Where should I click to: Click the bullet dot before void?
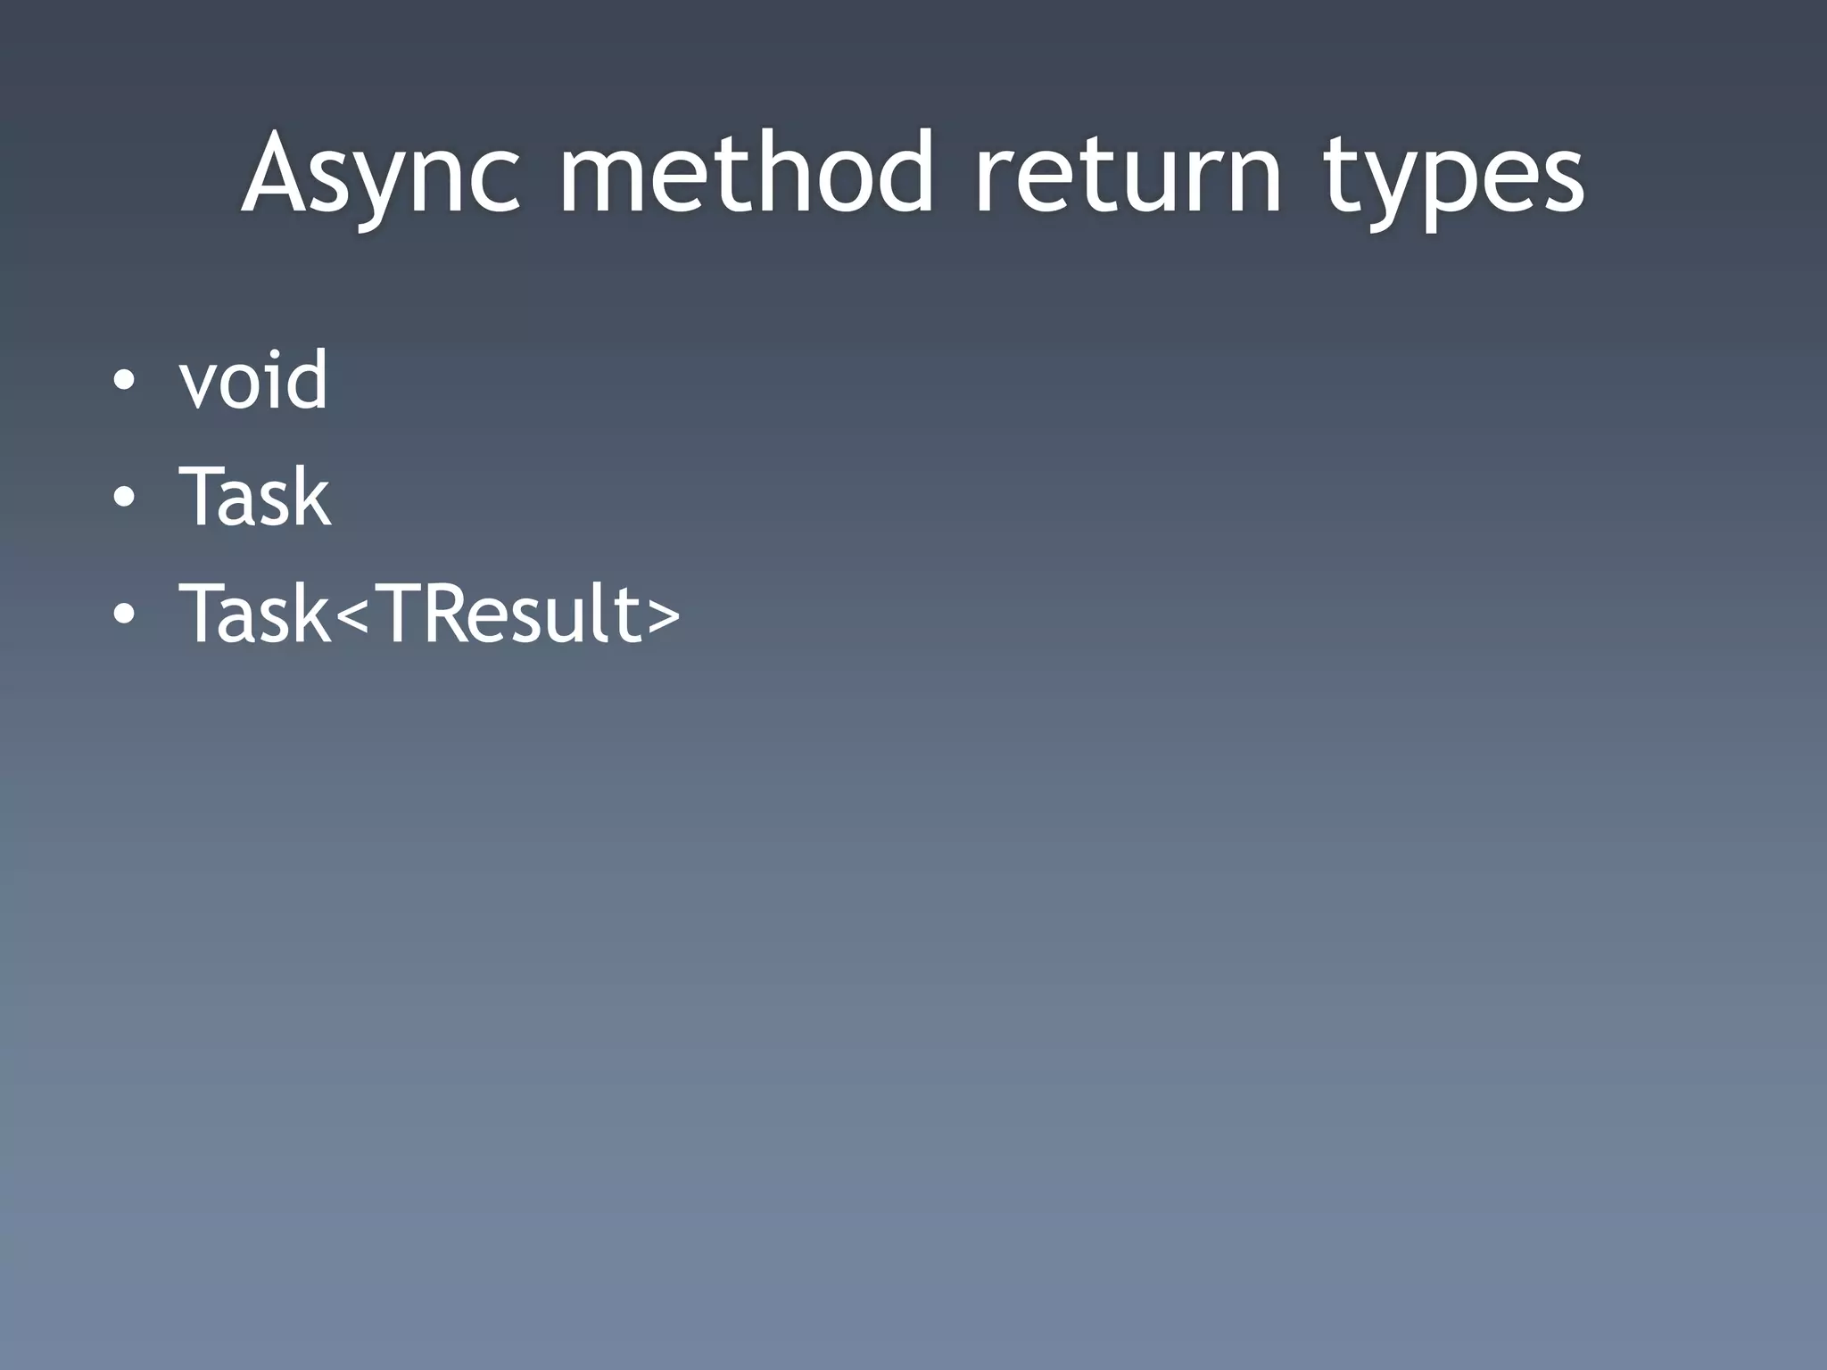click(125, 383)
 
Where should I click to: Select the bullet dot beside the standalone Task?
click(125, 498)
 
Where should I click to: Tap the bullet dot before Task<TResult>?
click(125, 614)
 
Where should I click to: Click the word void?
click(253, 381)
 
